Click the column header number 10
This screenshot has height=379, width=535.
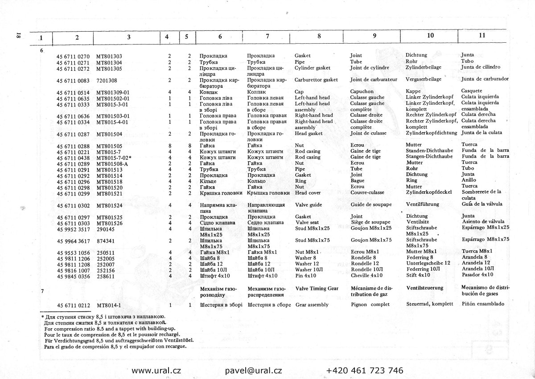430,36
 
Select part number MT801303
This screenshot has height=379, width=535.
109,56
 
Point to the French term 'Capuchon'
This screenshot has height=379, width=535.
362,92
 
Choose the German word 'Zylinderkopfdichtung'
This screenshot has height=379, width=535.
432,133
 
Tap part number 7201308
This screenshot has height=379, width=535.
107,80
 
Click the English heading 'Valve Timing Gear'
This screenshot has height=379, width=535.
317,288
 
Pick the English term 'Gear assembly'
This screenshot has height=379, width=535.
312,305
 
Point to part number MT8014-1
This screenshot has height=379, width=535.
109,305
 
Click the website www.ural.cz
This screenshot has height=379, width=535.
156,370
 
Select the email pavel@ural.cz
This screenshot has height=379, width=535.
253,370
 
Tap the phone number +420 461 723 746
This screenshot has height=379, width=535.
365,370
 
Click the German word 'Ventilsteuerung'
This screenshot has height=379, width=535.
425,288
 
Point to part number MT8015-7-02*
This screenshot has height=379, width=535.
114,157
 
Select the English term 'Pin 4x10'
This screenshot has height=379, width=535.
306,275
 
